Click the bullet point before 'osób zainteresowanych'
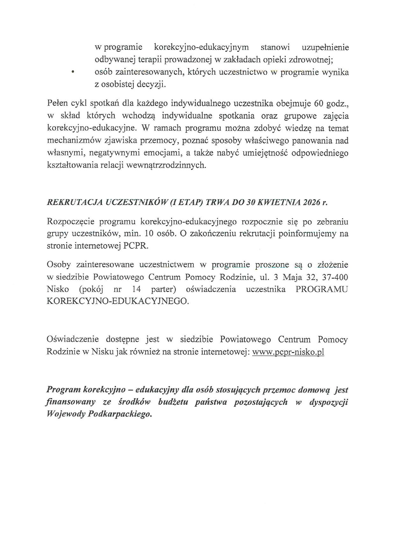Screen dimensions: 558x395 click(73, 73)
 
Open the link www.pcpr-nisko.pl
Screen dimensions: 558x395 click(288, 352)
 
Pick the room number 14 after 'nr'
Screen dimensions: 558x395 click(136, 289)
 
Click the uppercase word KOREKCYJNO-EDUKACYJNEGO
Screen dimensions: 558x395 click(118, 302)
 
